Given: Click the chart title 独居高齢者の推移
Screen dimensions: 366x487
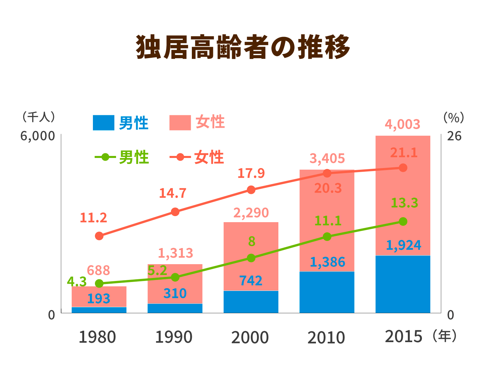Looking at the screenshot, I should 243,47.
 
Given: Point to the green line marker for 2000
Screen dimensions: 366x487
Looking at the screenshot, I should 251,258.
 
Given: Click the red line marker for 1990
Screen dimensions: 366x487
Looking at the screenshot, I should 175,212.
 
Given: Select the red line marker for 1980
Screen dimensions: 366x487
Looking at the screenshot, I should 99,236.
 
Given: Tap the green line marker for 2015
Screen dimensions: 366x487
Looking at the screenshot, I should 403,221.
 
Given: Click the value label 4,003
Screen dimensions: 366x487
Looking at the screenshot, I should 402,124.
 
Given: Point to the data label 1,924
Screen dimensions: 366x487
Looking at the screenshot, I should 403,245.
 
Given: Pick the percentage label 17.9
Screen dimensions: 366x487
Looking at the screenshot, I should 251,173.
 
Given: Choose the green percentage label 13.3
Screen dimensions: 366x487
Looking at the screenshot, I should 404,203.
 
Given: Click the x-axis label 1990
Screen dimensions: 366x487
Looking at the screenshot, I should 173,337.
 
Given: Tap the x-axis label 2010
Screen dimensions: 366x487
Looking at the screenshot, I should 326,337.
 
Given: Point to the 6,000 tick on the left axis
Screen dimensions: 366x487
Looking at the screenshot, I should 37,136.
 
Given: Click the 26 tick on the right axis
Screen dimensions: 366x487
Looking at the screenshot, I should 454,136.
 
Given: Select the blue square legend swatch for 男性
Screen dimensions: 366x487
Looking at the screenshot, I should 103,123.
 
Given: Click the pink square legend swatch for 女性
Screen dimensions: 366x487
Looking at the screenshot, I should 180,123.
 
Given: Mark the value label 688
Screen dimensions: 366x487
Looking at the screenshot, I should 98,270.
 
